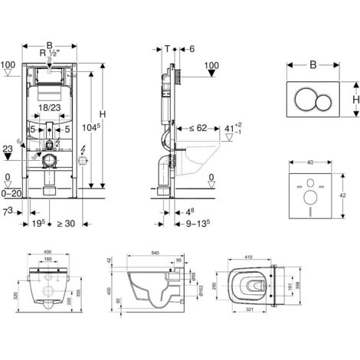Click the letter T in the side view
coord(168,47)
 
